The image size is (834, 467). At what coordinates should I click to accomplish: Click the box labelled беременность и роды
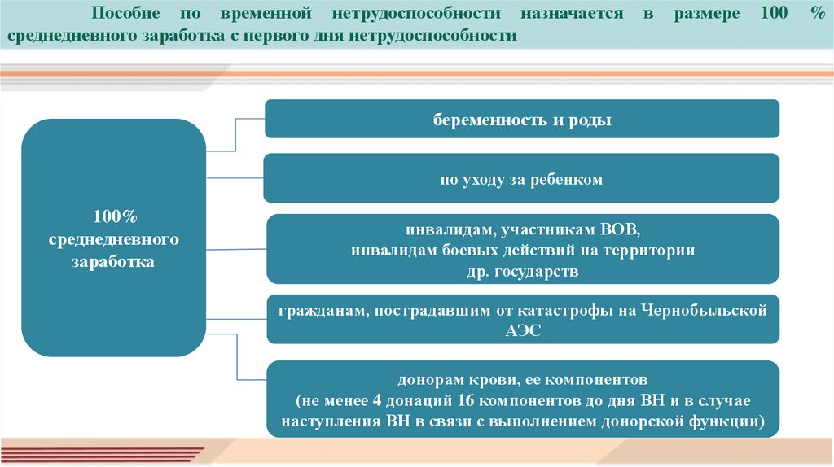pyautogui.click(x=522, y=120)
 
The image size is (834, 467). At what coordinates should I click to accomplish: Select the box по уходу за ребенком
pyautogui.click(x=522, y=179)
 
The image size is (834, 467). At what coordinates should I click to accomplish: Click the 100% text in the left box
pyautogui.click(x=113, y=216)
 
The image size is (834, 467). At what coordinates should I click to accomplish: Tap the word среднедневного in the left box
pyautogui.click(x=113, y=240)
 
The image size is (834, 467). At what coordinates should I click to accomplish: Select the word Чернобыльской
pyautogui.click(x=705, y=310)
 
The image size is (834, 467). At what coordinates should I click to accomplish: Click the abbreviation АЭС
pyautogui.click(x=522, y=330)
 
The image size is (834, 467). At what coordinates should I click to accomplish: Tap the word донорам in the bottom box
pyautogui.click(x=425, y=379)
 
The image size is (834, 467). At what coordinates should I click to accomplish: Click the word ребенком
pyautogui.click(x=568, y=179)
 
